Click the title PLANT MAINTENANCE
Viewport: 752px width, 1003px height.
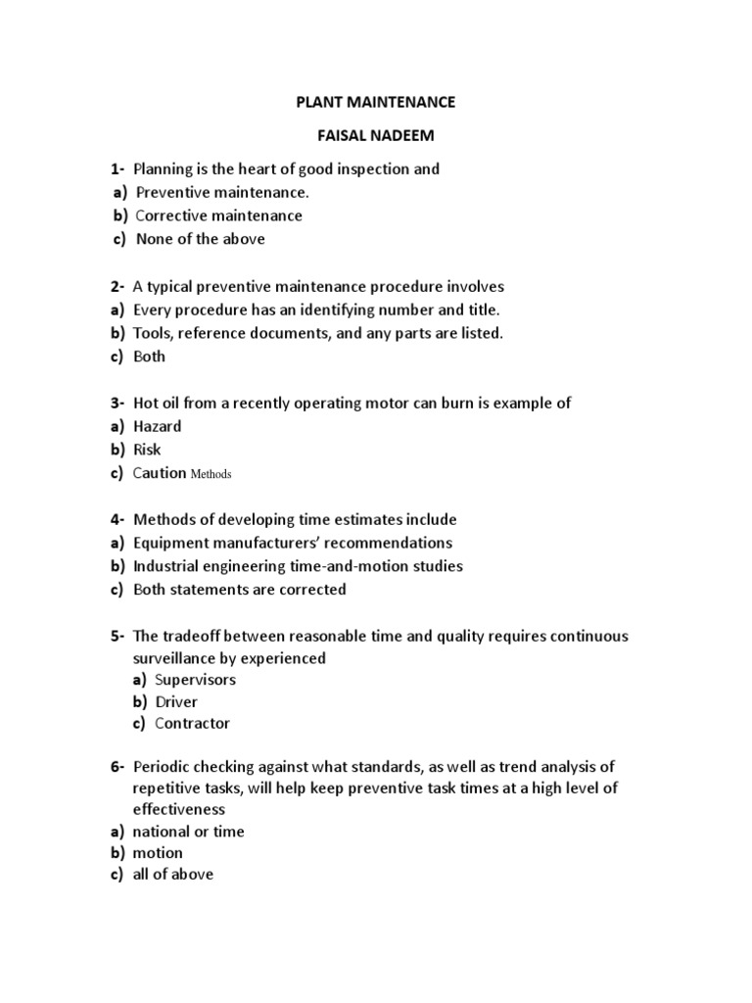(x=376, y=101)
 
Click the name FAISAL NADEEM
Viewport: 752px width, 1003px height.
(x=376, y=134)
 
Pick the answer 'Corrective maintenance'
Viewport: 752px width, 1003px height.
(x=218, y=215)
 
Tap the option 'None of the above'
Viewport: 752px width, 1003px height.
(x=200, y=239)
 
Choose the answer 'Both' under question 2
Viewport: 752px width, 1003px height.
(x=149, y=357)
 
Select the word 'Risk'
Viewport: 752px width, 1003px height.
(x=147, y=450)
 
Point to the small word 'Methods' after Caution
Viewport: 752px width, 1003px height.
(x=211, y=474)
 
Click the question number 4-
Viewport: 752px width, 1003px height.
(x=117, y=519)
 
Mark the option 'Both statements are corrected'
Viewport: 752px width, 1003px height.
(x=239, y=590)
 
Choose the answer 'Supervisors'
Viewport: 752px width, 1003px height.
(x=195, y=680)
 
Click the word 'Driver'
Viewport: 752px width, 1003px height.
(x=176, y=701)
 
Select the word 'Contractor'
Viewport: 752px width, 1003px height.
(x=193, y=724)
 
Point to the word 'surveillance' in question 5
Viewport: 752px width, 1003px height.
(x=177, y=658)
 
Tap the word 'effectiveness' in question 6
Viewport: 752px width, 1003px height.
(x=179, y=810)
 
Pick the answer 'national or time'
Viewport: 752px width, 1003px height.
(x=188, y=832)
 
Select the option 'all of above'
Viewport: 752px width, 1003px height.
(x=172, y=874)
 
